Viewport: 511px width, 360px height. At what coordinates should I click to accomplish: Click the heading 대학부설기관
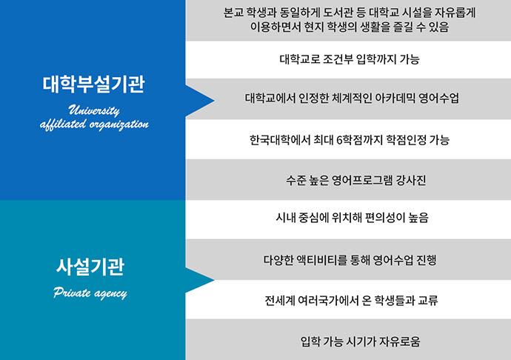pyautogui.click(x=93, y=84)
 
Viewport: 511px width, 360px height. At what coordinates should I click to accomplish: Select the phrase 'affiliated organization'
pyautogui.click(x=93, y=124)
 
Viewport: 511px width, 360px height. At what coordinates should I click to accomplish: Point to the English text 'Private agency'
pyautogui.click(x=90, y=293)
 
